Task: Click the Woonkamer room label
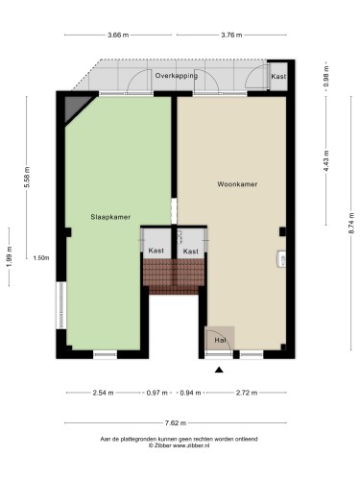(x=237, y=184)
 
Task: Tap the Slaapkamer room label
(x=110, y=217)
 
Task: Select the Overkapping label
(x=177, y=76)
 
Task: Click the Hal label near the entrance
(x=220, y=340)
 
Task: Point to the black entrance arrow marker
(x=219, y=370)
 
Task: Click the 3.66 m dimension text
(x=118, y=35)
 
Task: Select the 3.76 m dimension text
(x=231, y=35)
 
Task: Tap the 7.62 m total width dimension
(x=176, y=423)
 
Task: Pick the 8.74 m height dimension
(x=351, y=223)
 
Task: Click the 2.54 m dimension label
(x=103, y=393)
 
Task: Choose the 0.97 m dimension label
(x=156, y=393)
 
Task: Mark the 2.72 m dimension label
(x=247, y=393)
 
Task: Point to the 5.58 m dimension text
(x=27, y=177)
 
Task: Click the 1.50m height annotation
(x=41, y=258)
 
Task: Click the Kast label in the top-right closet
(x=278, y=77)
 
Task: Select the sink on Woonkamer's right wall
(x=281, y=259)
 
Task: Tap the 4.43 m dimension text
(x=326, y=160)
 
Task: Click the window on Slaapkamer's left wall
(x=61, y=305)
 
